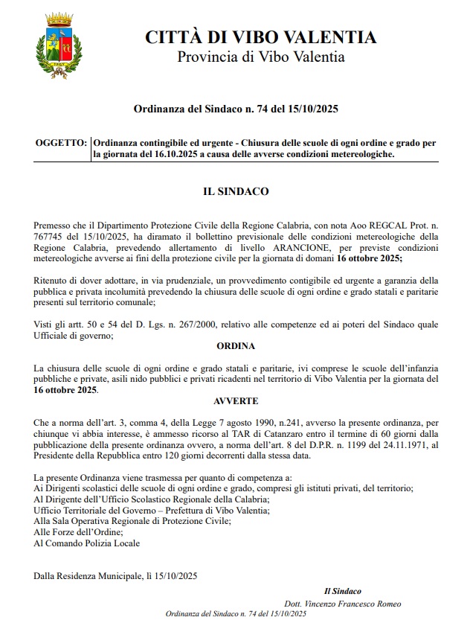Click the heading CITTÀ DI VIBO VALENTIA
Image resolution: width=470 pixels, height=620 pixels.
[x=260, y=37]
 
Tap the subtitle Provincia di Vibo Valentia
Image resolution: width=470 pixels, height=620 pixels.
[x=260, y=57]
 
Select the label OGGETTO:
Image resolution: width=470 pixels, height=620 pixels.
[x=60, y=142]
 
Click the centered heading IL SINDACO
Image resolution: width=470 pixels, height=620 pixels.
[x=236, y=191]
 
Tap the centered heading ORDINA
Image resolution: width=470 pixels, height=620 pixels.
[x=236, y=347]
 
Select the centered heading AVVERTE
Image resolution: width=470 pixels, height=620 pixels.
[x=236, y=400]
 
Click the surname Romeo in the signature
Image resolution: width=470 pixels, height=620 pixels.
[x=387, y=603]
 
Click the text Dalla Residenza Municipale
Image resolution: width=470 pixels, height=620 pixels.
[x=87, y=575]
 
